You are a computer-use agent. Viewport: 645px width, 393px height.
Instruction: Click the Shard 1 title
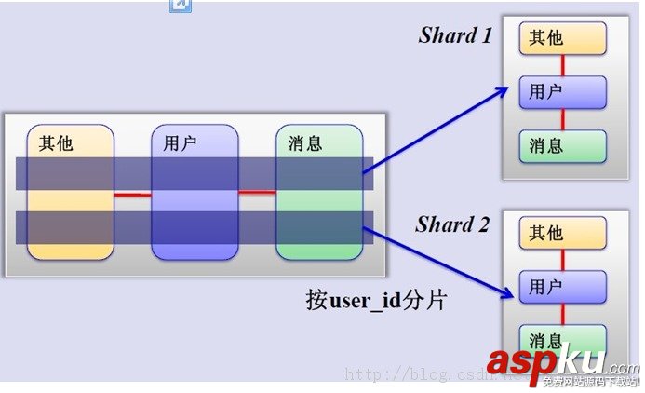coord(455,35)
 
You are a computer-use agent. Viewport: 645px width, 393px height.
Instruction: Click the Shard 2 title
coord(451,224)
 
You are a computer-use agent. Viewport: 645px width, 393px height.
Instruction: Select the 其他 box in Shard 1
coord(563,38)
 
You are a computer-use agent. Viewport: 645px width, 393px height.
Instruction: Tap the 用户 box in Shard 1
coord(563,92)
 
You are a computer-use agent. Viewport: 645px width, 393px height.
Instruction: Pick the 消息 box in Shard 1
coord(563,145)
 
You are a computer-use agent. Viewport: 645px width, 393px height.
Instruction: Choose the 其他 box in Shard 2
coord(563,233)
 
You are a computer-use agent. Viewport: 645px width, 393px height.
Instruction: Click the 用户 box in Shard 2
coord(563,287)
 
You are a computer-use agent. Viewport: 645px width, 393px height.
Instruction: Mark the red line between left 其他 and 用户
coord(132,194)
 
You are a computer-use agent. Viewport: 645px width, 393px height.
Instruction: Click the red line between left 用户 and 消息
coord(257,193)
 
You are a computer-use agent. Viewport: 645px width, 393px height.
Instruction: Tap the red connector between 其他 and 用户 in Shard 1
coord(562,65)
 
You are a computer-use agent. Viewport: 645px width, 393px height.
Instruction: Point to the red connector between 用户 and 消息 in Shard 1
coord(562,119)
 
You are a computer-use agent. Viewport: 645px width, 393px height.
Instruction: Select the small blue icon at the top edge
coord(180,6)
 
